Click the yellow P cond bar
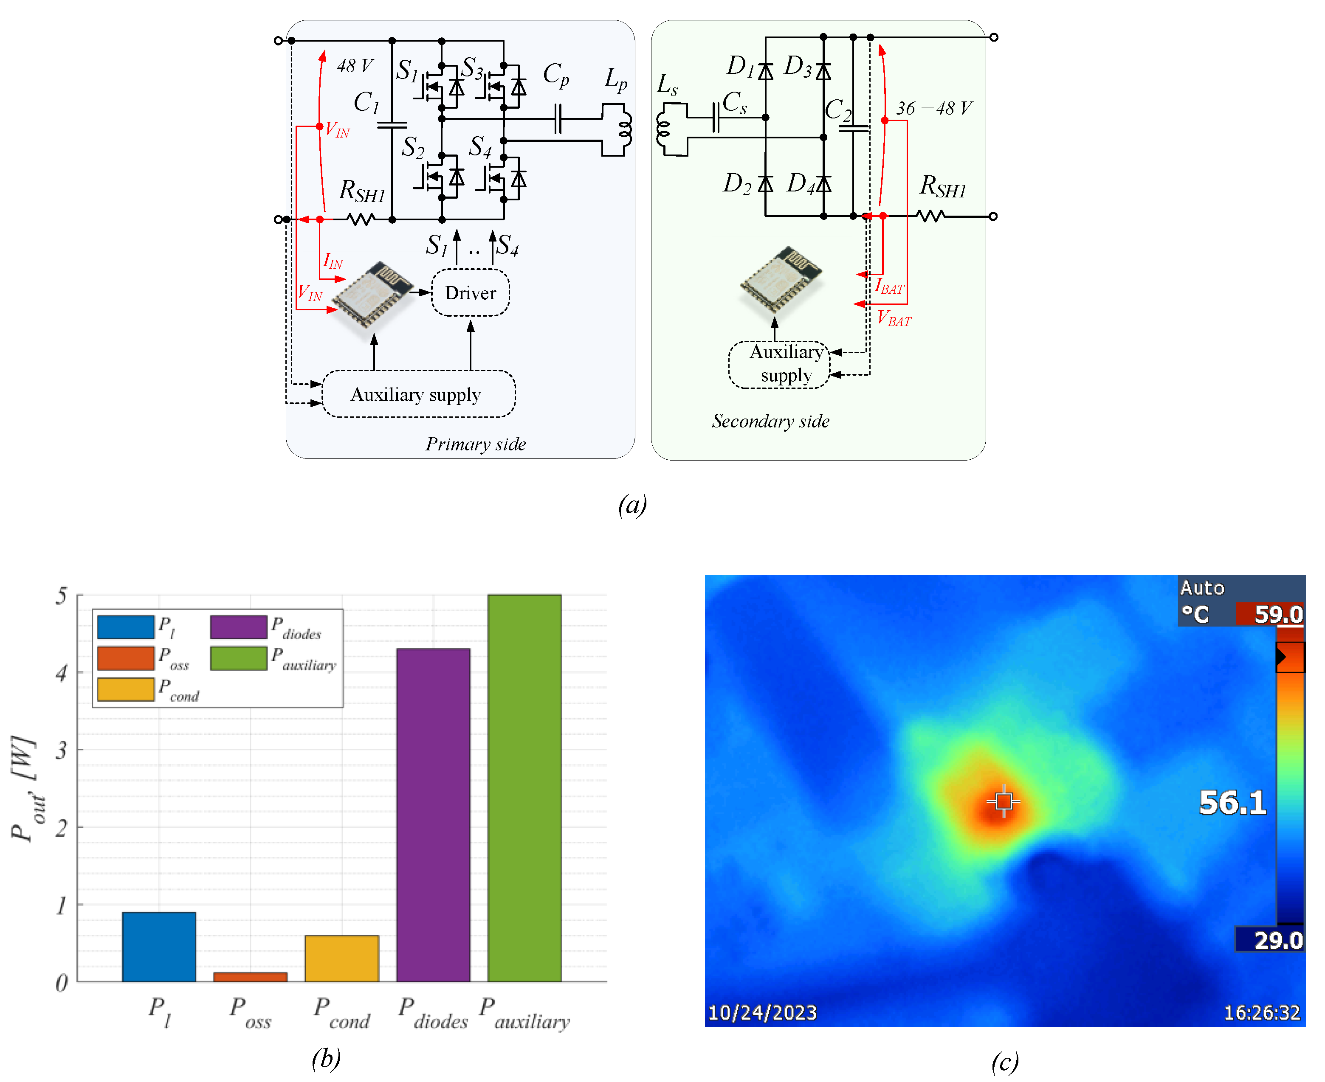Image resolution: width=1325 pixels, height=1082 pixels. tap(342, 958)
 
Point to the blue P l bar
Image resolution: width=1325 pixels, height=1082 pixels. tap(159, 946)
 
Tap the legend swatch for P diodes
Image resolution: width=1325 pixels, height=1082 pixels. tap(238, 627)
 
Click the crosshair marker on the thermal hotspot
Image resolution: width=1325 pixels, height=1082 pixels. tap(1003, 801)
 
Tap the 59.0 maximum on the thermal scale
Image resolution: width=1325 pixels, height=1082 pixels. tap(1277, 615)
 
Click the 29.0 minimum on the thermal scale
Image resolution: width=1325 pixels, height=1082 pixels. tap(1277, 940)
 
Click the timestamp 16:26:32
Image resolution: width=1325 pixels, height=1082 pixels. tap(1261, 1012)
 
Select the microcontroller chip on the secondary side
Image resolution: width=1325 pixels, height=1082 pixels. tap(780, 278)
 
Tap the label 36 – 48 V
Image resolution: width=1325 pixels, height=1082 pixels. tap(933, 108)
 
